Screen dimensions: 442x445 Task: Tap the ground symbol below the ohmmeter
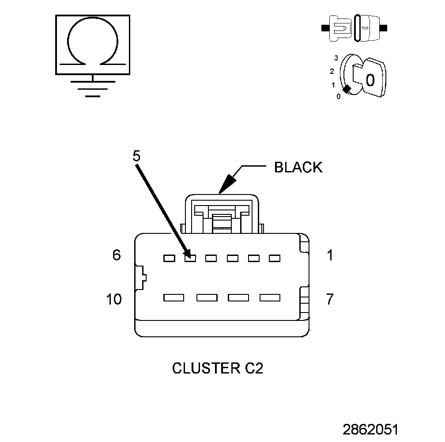(93, 88)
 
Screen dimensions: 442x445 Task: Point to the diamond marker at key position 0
(347, 89)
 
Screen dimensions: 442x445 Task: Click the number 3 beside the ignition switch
(336, 58)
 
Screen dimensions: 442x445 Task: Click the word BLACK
(298, 168)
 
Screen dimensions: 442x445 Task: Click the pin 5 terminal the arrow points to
(190, 258)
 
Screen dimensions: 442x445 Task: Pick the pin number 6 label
(116, 255)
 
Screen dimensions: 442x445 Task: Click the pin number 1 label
(329, 255)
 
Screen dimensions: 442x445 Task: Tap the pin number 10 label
(114, 299)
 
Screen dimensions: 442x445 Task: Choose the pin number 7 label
(329, 299)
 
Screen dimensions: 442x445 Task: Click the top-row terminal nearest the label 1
(275, 258)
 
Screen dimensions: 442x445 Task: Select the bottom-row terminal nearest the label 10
(173, 297)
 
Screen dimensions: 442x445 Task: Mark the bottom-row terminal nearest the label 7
(270, 297)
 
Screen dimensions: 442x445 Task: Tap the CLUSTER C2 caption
(217, 368)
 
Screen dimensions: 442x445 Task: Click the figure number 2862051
(370, 429)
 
